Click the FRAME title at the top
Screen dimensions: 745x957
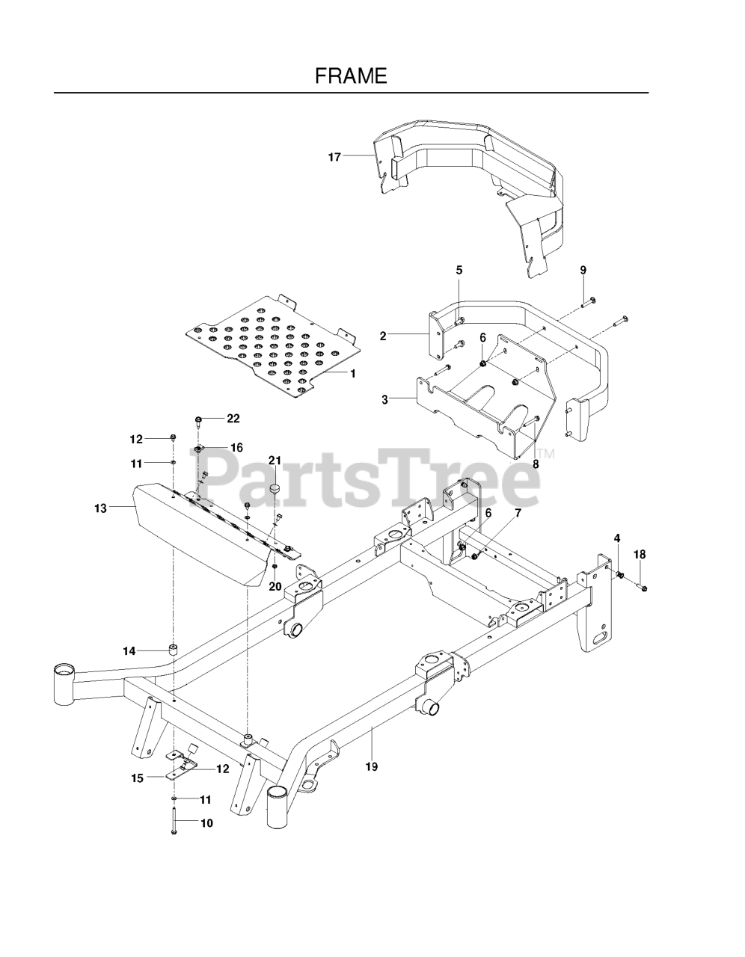tap(351, 76)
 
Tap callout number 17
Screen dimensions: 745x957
tap(334, 157)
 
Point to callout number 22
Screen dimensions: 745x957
tap(233, 417)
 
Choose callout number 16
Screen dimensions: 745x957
tap(236, 448)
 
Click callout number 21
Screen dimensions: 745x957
tap(275, 460)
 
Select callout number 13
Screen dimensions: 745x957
tap(100, 508)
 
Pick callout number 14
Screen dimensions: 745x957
tap(129, 651)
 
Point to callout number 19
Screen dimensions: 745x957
tap(372, 766)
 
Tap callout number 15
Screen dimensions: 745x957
tap(137, 778)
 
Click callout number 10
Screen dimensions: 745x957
tap(206, 823)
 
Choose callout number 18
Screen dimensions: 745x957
tap(640, 554)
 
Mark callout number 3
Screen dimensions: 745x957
tap(384, 400)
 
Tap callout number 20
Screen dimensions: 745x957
tap(275, 586)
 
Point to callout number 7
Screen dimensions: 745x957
tap(518, 513)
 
